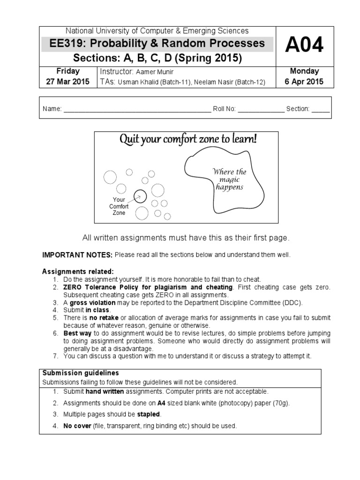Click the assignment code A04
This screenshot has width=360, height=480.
coord(305,46)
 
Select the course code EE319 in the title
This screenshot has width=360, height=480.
coord(59,44)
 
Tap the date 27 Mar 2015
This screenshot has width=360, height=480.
coord(67,82)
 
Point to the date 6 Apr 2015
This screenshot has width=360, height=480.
coord(305,82)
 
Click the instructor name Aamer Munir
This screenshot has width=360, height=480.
coord(155,72)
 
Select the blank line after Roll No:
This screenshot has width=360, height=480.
coord(261,109)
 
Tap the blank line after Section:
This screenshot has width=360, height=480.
coord(321,109)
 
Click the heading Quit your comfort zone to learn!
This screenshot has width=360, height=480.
coord(189,140)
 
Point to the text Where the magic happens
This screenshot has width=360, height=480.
coord(229,180)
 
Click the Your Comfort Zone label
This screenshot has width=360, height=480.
coord(119,206)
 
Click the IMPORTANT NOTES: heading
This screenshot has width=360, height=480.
coord(77,255)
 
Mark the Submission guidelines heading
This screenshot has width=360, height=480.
coord(81,373)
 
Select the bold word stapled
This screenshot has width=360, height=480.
coord(149,414)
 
